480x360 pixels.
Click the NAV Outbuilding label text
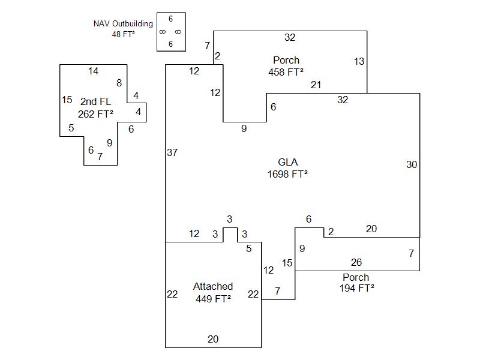pyautogui.click(x=123, y=24)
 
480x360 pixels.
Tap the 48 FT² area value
pyautogui.click(x=123, y=34)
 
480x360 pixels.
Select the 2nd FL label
pyautogui.click(x=95, y=102)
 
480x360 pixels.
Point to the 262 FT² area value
pyautogui.click(x=95, y=113)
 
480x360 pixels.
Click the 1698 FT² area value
pyautogui.click(x=287, y=174)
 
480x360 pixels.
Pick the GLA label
pyautogui.click(x=287, y=162)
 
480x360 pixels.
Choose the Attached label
pyautogui.click(x=213, y=287)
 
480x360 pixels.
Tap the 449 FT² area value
pyautogui.click(x=213, y=298)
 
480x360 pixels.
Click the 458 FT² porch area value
pyautogui.click(x=286, y=71)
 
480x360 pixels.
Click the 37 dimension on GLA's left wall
pyautogui.click(x=172, y=153)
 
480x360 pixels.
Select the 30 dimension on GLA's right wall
pyautogui.click(x=412, y=164)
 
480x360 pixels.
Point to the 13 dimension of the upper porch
pyautogui.click(x=359, y=61)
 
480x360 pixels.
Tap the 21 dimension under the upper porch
pyautogui.click(x=316, y=85)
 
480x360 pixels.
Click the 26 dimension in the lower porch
pyautogui.click(x=356, y=263)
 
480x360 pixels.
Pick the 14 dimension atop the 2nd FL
pyautogui.click(x=93, y=71)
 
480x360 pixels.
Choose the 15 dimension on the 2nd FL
pyautogui.click(x=67, y=100)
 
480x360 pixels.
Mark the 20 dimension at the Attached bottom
pyautogui.click(x=213, y=339)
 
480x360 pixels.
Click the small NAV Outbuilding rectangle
pyautogui.click(x=171, y=32)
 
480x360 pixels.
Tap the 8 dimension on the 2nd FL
pyautogui.click(x=119, y=83)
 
